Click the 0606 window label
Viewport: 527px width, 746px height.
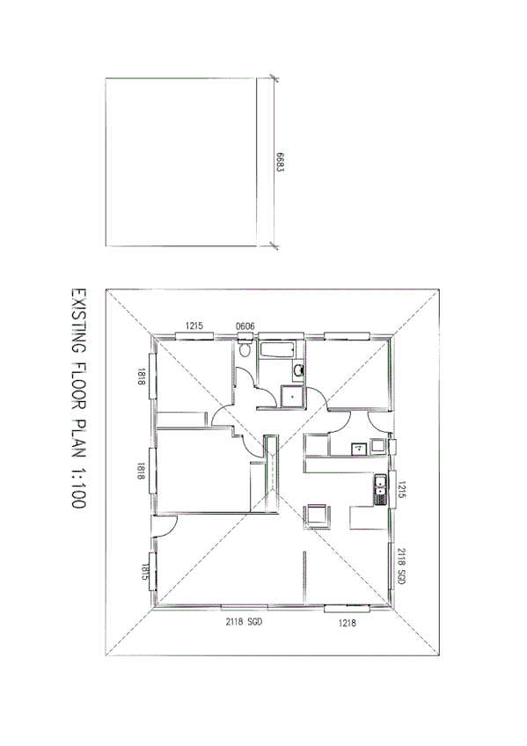(x=245, y=326)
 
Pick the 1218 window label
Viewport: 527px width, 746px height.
(x=347, y=622)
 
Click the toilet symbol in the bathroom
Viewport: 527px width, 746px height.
(x=245, y=350)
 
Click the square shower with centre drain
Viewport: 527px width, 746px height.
(x=291, y=396)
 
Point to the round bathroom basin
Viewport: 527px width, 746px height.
(x=299, y=369)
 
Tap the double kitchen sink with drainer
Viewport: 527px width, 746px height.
(x=380, y=489)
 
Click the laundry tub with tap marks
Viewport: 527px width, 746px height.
(x=358, y=448)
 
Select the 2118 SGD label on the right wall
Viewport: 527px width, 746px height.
(x=400, y=567)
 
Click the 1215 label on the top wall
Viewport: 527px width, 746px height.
(x=195, y=326)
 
